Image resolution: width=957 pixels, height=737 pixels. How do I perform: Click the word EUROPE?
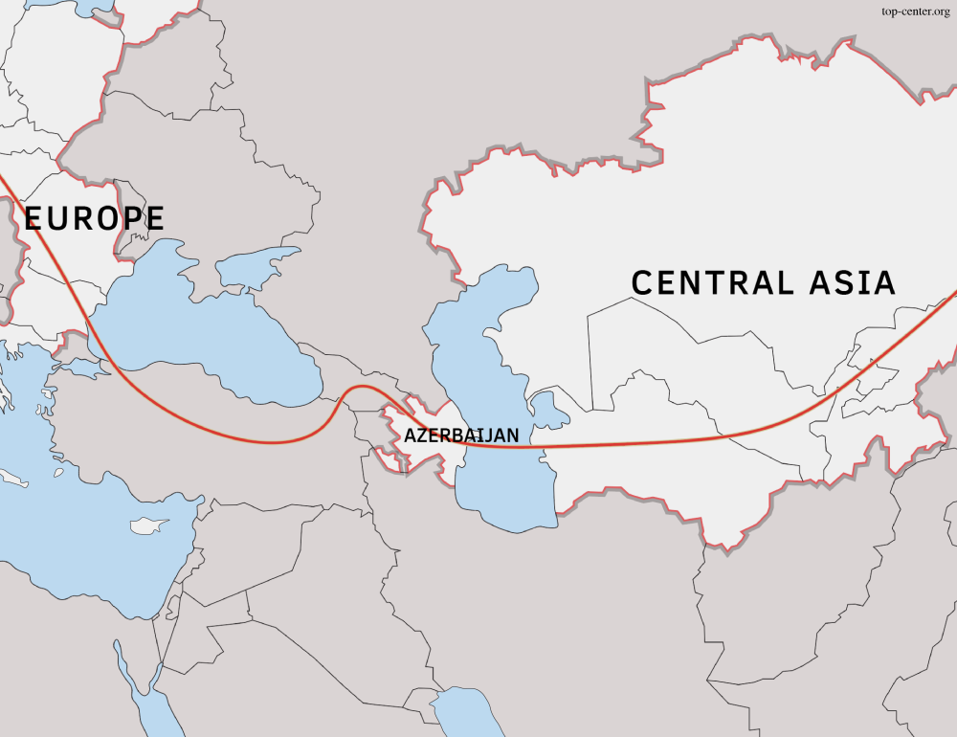[94, 218]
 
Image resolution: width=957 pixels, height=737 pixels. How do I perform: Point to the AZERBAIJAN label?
[461, 435]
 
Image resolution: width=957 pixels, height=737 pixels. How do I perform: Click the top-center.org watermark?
[914, 11]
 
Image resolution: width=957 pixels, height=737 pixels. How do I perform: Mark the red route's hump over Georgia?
[359, 387]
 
